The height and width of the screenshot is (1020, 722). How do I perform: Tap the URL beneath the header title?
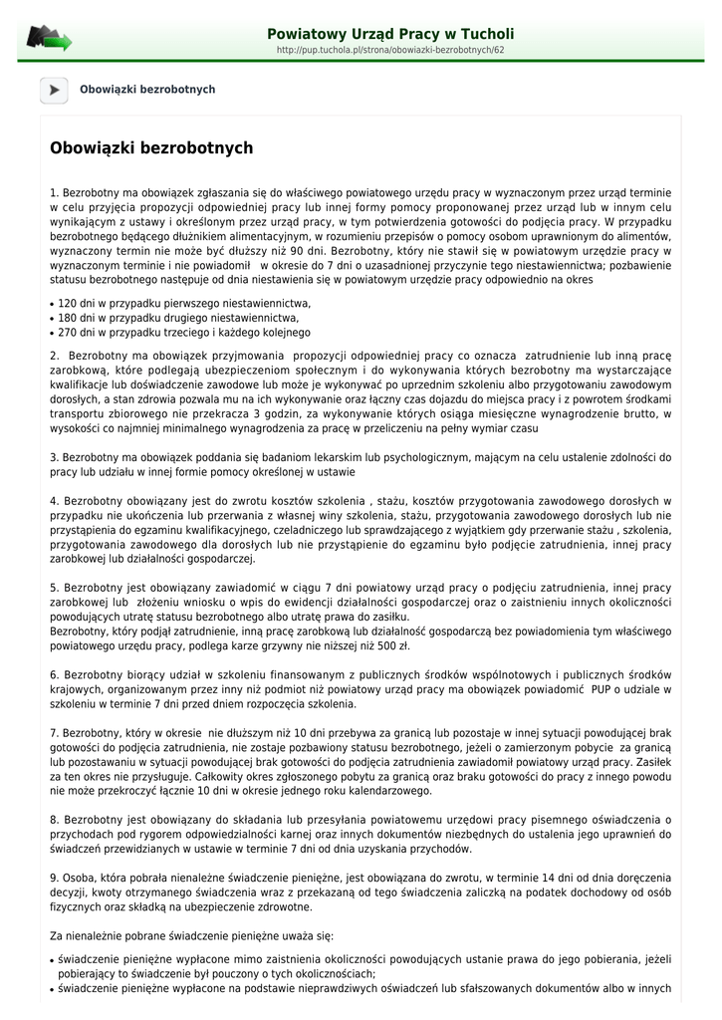[x=390, y=50]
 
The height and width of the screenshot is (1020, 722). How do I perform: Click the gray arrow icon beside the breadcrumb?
[x=54, y=90]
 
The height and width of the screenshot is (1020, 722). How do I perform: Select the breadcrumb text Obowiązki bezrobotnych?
[x=147, y=90]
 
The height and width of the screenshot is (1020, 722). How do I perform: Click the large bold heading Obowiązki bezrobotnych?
[x=151, y=148]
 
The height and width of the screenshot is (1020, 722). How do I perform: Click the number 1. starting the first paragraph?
[x=54, y=192]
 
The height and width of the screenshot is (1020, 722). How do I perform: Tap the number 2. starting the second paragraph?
[x=54, y=356]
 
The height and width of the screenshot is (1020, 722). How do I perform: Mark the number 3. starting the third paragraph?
[x=54, y=458]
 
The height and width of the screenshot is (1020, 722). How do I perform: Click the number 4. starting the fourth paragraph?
[x=54, y=501]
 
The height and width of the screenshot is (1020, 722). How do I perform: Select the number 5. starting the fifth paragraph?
[x=54, y=589]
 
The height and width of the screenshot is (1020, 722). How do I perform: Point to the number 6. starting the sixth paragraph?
[x=54, y=675]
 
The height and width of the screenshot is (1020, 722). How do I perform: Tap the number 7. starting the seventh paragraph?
[x=54, y=733]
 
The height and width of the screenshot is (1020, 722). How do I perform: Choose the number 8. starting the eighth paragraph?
[x=54, y=820]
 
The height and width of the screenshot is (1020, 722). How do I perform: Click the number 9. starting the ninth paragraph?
[x=54, y=878]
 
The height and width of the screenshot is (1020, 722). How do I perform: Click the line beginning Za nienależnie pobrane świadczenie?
[x=192, y=935]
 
